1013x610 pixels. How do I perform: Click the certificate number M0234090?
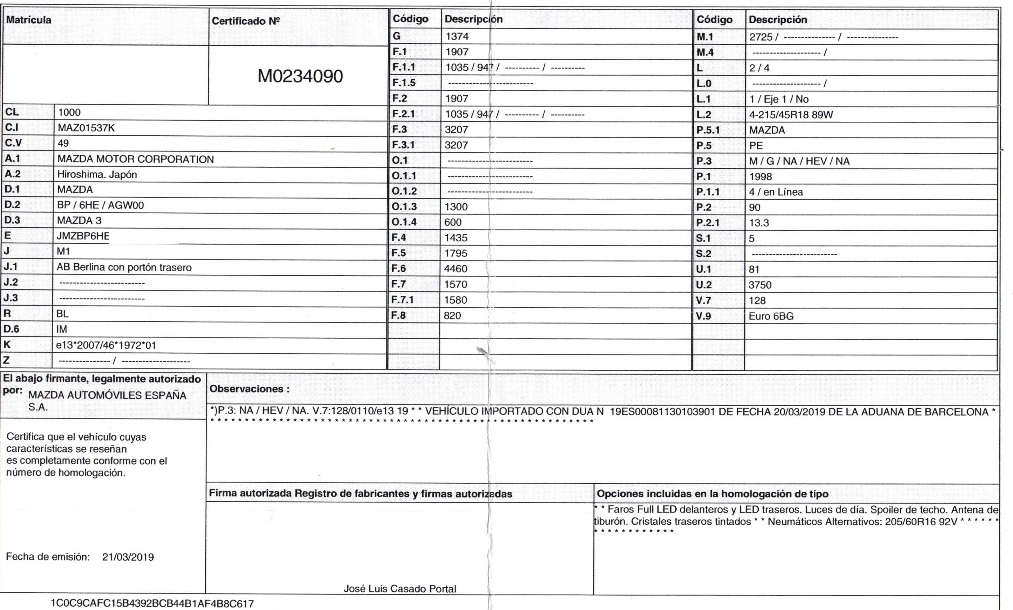point(300,76)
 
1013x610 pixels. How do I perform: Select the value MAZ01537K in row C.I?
point(86,128)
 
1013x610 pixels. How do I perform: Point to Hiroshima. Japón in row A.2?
point(97,174)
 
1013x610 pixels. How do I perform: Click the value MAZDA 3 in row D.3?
point(79,221)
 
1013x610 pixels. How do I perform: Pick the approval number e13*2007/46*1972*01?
point(106,346)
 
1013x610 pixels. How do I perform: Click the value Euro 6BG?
point(771,316)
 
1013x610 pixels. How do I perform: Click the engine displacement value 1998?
point(760,177)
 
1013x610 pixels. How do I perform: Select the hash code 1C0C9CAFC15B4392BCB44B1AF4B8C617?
point(152,604)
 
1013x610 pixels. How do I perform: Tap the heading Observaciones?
point(249,389)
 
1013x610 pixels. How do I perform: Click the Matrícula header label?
point(29,20)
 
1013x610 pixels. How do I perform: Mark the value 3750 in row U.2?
point(760,285)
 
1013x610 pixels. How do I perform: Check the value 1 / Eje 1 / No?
point(779,99)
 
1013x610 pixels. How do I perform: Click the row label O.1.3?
point(404,207)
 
